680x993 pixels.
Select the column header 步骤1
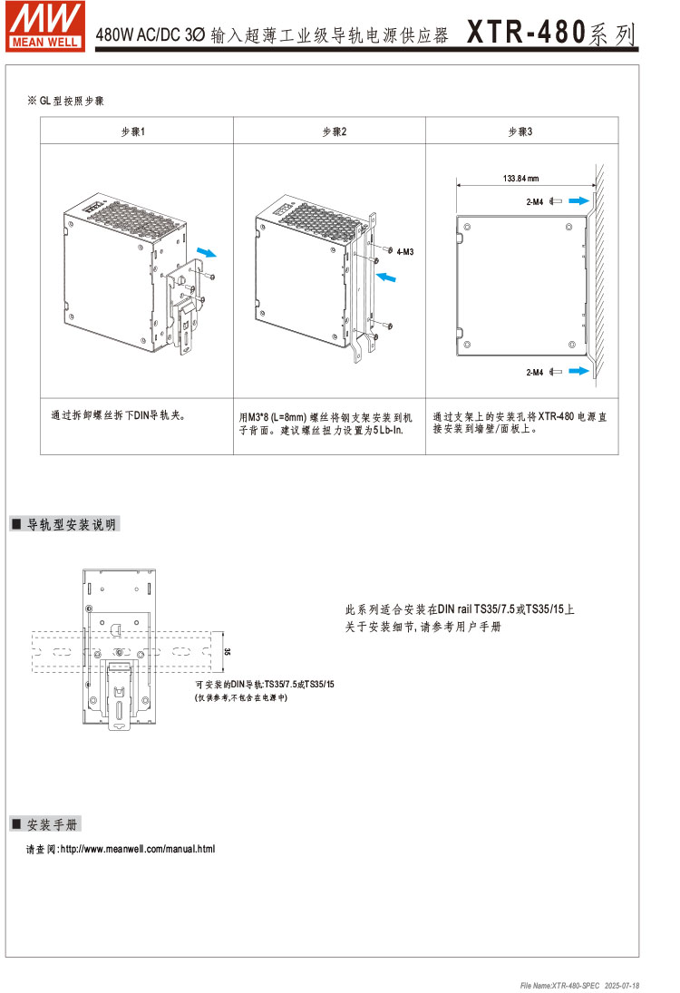click(133, 131)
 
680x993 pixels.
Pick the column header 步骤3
click(520, 131)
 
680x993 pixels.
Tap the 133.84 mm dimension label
click(521, 178)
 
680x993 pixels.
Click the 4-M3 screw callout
click(404, 250)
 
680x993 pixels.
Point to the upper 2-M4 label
click(534, 201)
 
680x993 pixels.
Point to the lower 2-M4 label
click(534, 372)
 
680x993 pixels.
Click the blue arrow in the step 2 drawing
click(386, 275)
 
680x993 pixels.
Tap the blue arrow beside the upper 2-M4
click(581, 201)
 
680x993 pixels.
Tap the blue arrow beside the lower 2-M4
click(581, 371)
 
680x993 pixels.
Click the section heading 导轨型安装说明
click(72, 524)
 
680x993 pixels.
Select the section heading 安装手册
click(53, 823)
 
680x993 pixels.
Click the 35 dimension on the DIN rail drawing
click(227, 651)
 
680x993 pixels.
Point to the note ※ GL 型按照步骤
click(72, 101)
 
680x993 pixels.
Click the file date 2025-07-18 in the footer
click(622, 985)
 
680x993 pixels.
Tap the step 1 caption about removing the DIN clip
click(119, 416)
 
